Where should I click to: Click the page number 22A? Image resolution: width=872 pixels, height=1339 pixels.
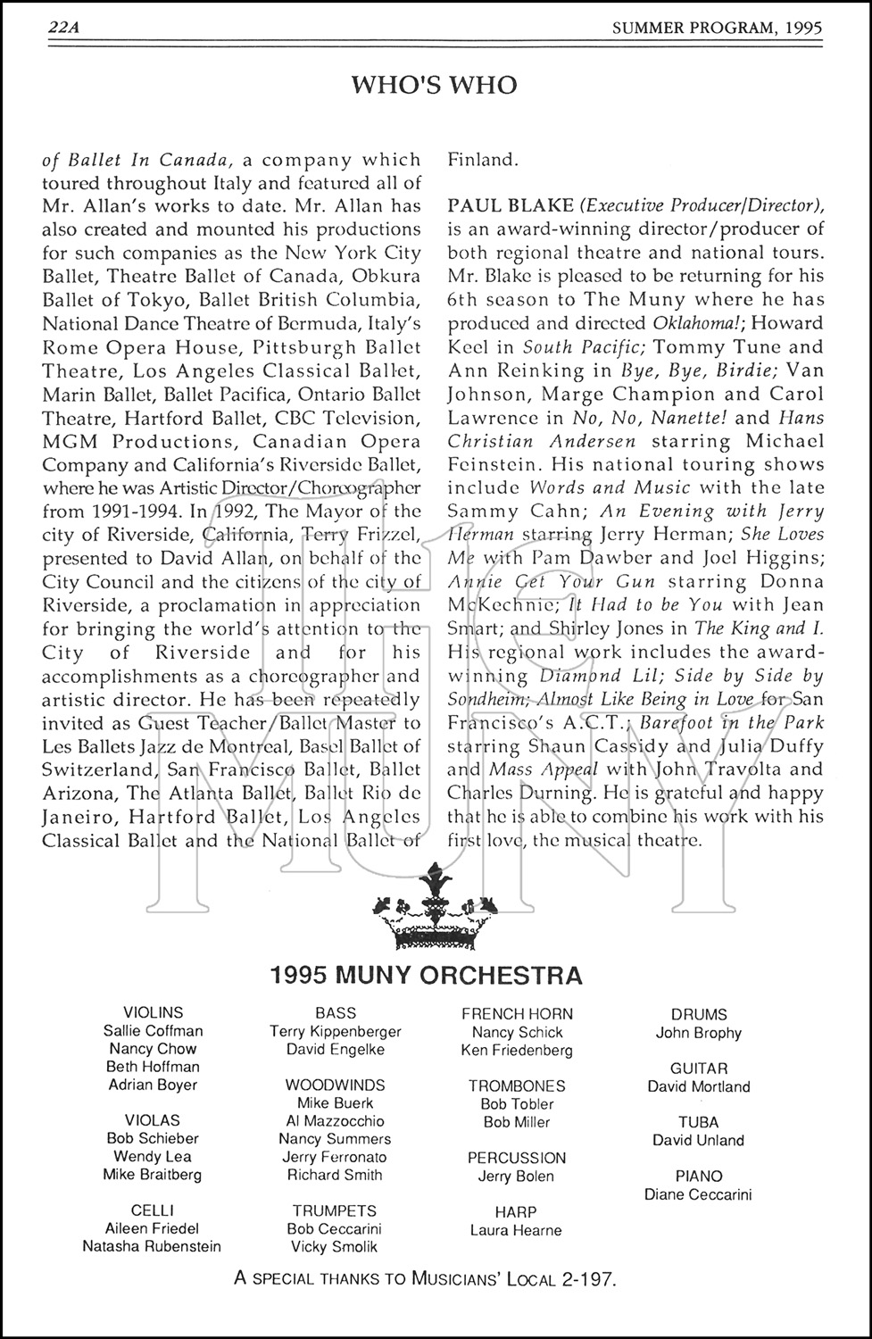coord(64,29)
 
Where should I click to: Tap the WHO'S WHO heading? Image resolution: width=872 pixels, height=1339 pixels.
coord(434,86)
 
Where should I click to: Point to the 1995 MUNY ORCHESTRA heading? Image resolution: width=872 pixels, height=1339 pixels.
coord(426,974)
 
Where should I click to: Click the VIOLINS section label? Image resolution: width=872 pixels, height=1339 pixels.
coord(153,1012)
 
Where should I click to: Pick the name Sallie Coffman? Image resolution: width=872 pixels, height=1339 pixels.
coord(153,1031)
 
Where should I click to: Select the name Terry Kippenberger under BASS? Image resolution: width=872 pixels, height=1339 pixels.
coord(336,1032)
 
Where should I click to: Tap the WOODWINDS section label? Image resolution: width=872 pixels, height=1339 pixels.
coord(336,1085)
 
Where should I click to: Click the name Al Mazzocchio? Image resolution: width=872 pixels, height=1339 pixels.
coord(336,1121)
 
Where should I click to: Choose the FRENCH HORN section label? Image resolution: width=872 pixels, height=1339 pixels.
coord(517,1014)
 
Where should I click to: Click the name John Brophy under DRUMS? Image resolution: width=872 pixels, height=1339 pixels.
coord(699,1033)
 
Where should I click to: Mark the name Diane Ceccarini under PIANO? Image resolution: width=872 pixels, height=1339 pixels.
coord(699,1194)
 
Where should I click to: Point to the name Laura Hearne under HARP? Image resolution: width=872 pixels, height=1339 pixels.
coord(516,1230)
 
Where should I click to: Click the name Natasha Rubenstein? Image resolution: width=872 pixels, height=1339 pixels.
coord(152,1246)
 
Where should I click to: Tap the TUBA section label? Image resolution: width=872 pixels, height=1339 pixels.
coord(699,1122)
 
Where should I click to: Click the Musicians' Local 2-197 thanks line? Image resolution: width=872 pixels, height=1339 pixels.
coord(425,1278)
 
